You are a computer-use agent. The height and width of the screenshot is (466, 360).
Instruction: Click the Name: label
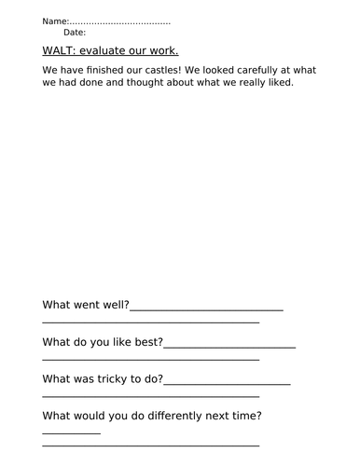pyautogui.click(x=56, y=21)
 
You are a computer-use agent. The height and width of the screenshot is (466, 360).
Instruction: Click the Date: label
pyautogui.click(x=75, y=32)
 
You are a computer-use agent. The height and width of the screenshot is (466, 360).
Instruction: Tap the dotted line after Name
pyautogui.click(x=120, y=21)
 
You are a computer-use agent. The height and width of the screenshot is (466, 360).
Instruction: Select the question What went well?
pyautogui.click(x=86, y=305)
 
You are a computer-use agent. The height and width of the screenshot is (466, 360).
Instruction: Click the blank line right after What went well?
pyautogui.click(x=206, y=308)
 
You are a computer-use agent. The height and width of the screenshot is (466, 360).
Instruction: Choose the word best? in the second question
pyautogui.click(x=145, y=342)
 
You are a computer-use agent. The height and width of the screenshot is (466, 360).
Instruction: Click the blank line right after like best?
pyautogui.click(x=229, y=346)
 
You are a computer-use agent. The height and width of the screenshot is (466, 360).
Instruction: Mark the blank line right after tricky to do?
pyautogui.click(x=227, y=382)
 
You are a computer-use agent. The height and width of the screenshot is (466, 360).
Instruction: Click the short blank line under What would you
pyautogui.click(x=71, y=433)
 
